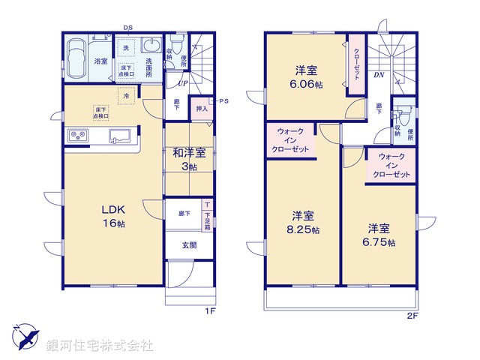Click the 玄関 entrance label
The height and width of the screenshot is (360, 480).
(x=189, y=245)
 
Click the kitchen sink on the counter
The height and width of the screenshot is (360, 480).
(x=121, y=136)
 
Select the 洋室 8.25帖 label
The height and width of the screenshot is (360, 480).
(x=304, y=223)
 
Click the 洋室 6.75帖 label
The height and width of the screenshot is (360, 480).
(x=382, y=233)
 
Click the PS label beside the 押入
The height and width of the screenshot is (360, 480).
(x=223, y=100)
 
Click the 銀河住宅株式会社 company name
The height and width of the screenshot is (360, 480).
(x=99, y=346)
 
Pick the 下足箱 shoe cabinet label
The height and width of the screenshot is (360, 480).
(x=207, y=215)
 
